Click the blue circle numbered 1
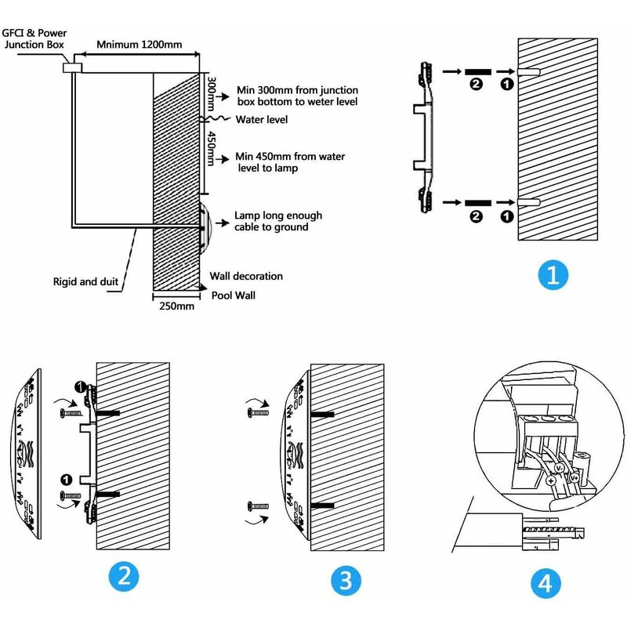coord(553,275)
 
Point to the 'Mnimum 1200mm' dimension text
coord(140,45)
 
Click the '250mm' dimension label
coord(176,306)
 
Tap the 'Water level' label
coord(262,120)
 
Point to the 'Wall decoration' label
coord(246,276)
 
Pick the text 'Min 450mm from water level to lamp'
coord(290,162)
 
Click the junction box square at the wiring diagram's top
coord(72,66)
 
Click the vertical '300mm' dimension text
coord(211,95)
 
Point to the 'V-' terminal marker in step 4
coord(558,467)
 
